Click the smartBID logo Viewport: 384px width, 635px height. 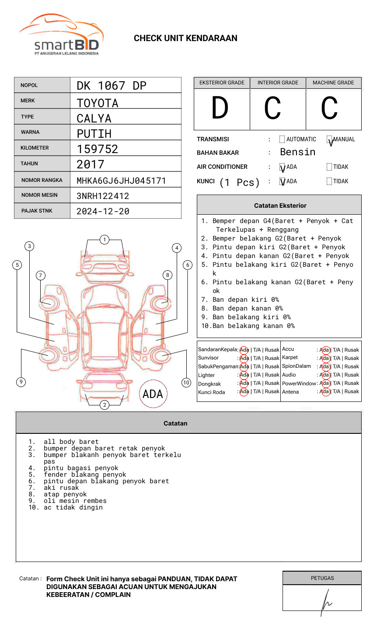[61, 35]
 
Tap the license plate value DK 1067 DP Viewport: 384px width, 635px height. [112, 86]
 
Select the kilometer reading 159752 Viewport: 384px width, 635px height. [98, 149]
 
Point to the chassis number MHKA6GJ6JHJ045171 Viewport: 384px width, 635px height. [121, 181]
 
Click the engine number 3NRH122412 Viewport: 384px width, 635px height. [103, 196]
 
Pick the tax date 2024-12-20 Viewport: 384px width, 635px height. [103, 211]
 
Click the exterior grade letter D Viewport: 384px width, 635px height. [220, 108]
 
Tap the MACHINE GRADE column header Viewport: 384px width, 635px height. [333, 83]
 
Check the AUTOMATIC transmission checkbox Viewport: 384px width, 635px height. [282, 140]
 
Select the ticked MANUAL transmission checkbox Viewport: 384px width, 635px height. [329, 140]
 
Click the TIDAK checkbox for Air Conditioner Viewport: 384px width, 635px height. [329, 167]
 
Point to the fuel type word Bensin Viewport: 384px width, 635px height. [297, 152]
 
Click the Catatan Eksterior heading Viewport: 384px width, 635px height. [280, 206]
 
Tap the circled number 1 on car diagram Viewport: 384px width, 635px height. [104, 240]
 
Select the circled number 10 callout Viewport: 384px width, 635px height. [186, 383]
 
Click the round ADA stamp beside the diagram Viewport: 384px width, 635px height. [153, 394]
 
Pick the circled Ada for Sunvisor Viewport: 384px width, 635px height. [244, 358]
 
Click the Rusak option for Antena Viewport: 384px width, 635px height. [352, 392]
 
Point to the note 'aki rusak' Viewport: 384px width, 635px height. [61, 488]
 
